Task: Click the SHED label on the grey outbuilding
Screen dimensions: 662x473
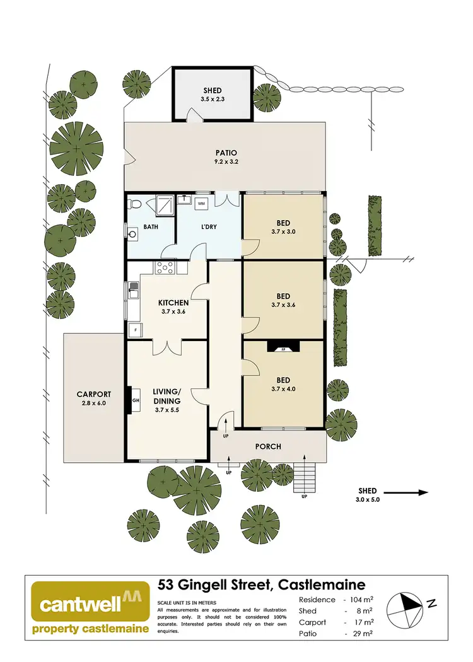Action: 213,91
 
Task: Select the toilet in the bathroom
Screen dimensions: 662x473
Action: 134,204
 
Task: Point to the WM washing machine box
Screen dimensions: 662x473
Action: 202,204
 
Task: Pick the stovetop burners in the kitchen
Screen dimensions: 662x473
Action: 166,268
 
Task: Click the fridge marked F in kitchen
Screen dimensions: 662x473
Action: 134,330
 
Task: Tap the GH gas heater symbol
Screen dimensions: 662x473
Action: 135,399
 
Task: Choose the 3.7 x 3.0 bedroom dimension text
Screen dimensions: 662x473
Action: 283,232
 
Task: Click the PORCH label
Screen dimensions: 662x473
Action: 268,446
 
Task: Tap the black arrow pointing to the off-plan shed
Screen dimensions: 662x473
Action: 406,492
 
